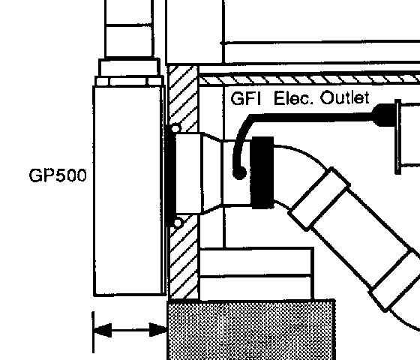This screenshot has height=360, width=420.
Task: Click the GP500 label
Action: point(58,175)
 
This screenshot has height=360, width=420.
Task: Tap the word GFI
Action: point(246,98)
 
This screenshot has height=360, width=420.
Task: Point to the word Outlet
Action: point(345,97)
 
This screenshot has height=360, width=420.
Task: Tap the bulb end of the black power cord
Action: point(240,173)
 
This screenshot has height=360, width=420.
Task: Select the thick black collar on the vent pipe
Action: point(262,172)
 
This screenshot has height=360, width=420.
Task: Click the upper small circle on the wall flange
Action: point(175,129)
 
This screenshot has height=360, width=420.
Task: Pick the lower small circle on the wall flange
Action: point(178,223)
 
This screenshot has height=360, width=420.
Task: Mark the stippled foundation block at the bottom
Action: point(251,330)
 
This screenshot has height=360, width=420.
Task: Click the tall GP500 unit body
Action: point(128,190)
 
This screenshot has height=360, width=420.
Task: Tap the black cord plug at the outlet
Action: point(383,115)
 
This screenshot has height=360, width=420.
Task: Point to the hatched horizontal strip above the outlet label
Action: point(309,80)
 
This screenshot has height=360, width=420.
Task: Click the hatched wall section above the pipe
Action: point(184,97)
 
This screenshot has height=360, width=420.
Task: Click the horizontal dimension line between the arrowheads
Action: point(130,330)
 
